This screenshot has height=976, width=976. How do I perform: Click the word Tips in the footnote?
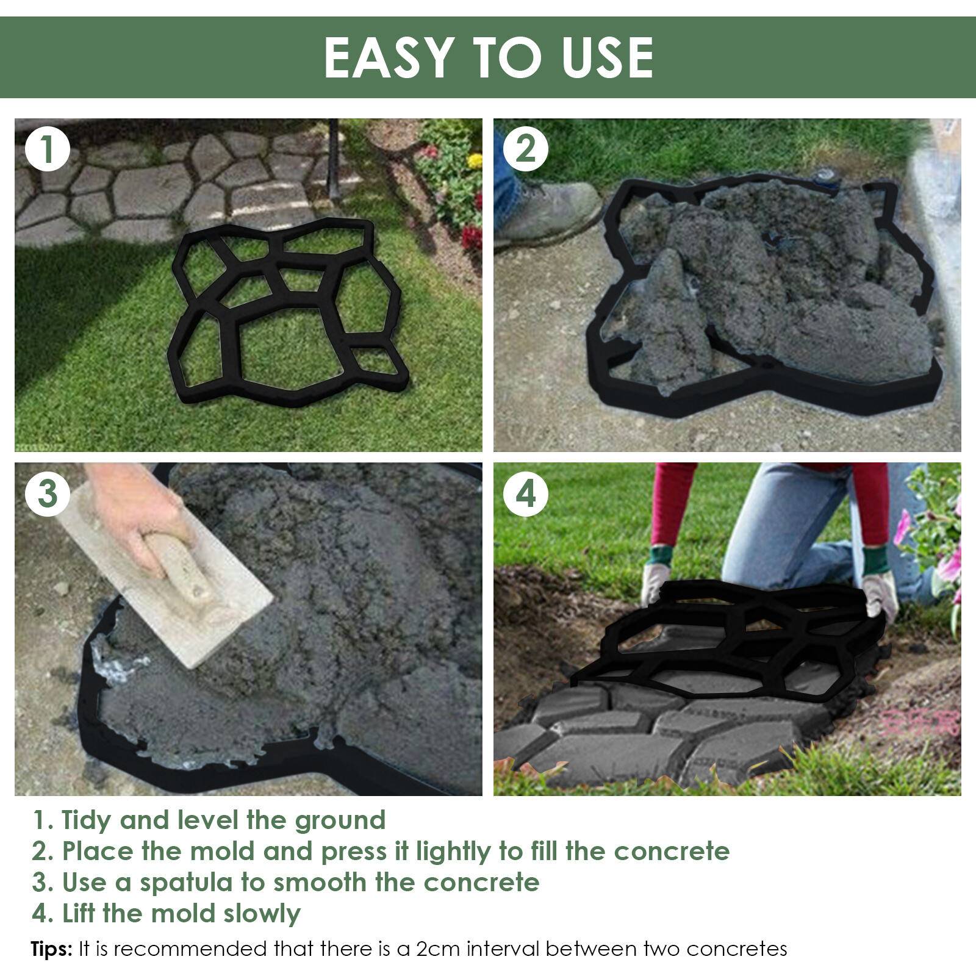51,949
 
